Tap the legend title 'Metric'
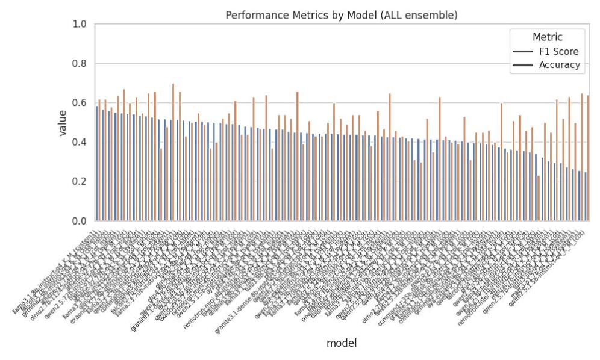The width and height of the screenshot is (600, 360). coord(547,37)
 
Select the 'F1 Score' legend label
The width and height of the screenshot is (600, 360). coord(558,51)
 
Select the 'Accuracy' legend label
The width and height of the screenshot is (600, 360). coord(559,65)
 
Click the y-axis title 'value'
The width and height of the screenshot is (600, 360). coord(63,123)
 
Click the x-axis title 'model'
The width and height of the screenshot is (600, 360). coord(342,343)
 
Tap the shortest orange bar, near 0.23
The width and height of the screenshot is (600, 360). coord(538,198)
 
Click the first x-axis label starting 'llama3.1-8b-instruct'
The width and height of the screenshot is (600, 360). coord(57,271)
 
